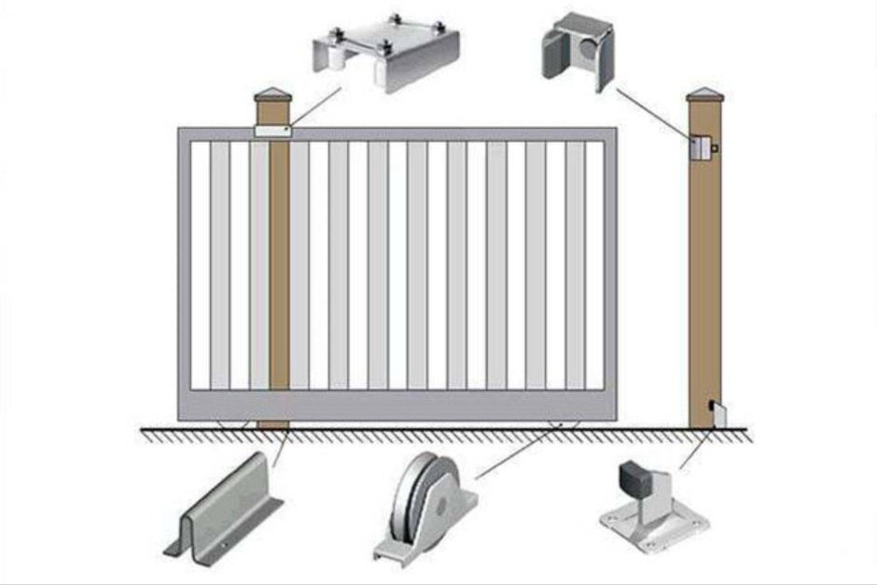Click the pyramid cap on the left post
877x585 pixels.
click(x=272, y=95)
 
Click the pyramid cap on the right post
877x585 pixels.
click(x=705, y=94)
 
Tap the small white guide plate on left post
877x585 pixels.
click(x=272, y=132)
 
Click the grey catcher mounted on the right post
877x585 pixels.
click(x=703, y=146)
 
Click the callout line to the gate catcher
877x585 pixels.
click(x=653, y=113)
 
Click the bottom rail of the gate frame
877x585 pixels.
click(x=397, y=406)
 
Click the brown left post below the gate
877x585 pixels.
click(x=272, y=425)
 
